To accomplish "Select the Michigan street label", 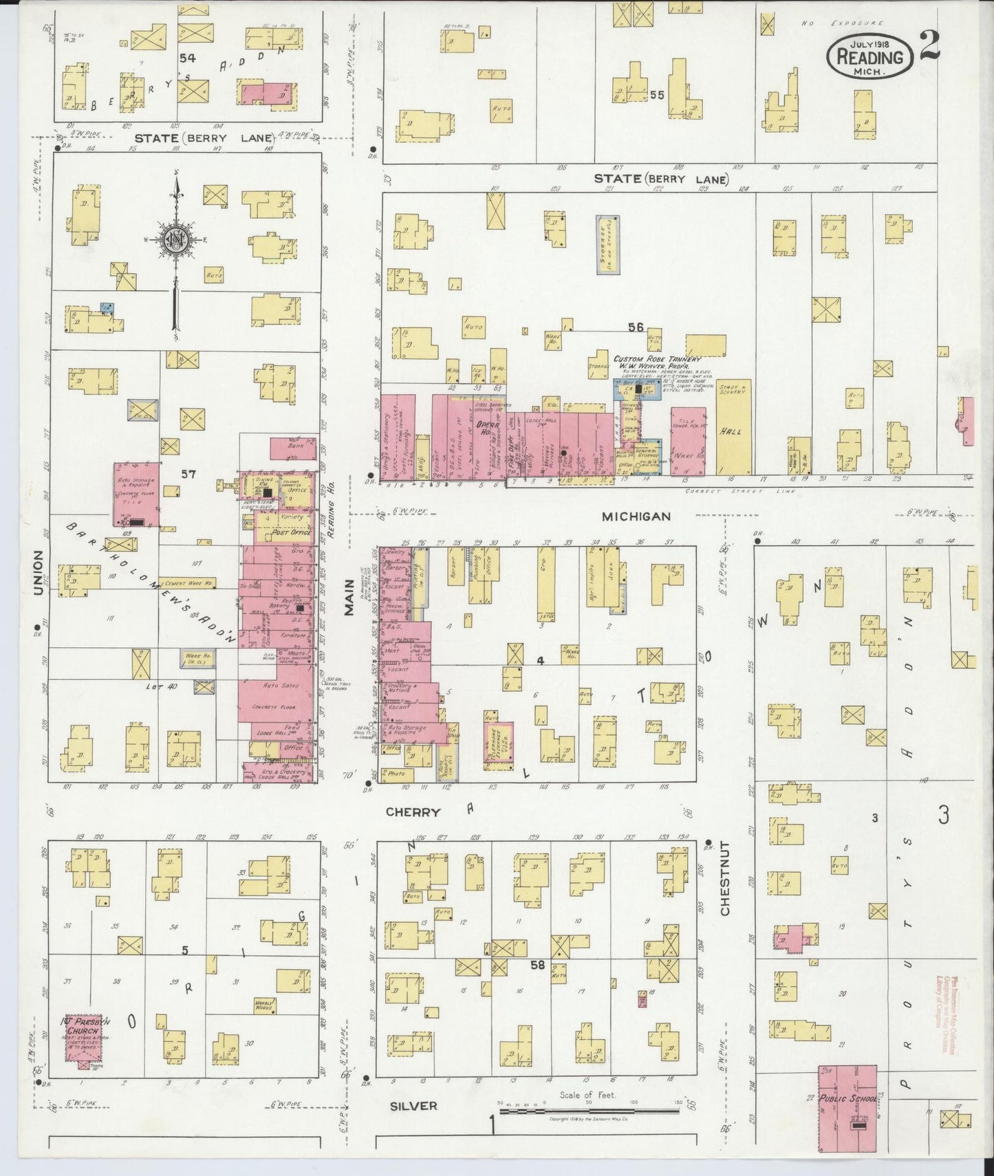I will tap(636, 516).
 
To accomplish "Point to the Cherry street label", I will tap(413, 812).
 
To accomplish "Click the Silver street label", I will tap(414, 1106).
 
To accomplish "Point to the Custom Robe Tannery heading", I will tap(657, 359).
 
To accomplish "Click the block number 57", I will tap(189, 473).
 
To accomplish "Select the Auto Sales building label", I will tap(275, 686).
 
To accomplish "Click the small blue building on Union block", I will tap(107, 307).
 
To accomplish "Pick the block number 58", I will tap(537, 965).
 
